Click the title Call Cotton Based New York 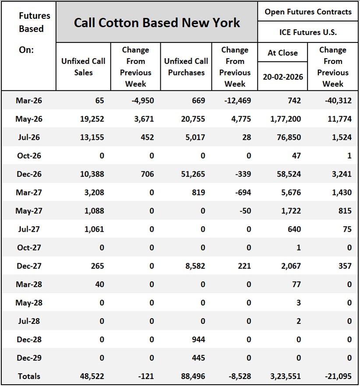pyautogui.click(x=157, y=23)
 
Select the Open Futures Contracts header pyautogui.click(x=308, y=12)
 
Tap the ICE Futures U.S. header pyautogui.click(x=308, y=32)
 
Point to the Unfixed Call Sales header pyautogui.click(x=83, y=67)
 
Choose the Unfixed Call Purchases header pyautogui.click(x=186, y=67)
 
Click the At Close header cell pyautogui.click(x=282, y=53)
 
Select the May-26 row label pyautogui.click(x=28, y=119)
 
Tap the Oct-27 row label pyautogui.click(x=28, y=248)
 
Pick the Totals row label pyautogui.click(x=28, y=376)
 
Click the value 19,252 pyautogui.click(x=92, y=119)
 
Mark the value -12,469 pyautogui.click(x=236, y=100)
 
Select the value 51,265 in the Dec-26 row pyautogui.click(x=193, y=174)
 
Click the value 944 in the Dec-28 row pyautogui.click(x=198, y=340)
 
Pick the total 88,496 pyautogui.click(x=193, y=376)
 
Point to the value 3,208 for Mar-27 pyautogui.click(x=94, y=192)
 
